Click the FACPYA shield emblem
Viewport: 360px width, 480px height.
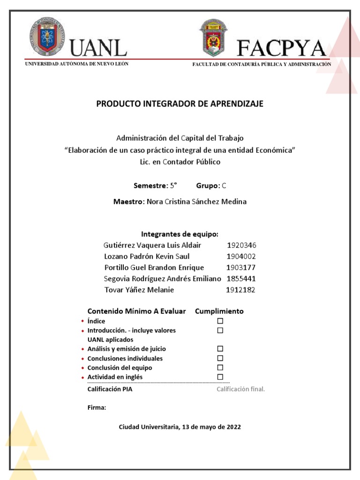[213, 38]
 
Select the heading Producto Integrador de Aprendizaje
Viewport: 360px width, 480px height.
[180, 104]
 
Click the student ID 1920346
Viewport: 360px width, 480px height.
[241, 245]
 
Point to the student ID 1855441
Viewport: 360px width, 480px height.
[241, 278]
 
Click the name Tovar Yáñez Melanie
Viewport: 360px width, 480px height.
[139, 290]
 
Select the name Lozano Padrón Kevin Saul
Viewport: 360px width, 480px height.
[147, 256]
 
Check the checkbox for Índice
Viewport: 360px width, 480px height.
[220, 321]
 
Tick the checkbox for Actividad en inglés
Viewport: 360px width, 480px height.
[220, 377]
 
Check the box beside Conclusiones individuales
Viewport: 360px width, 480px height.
[220, 358]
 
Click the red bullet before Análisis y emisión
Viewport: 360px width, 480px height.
[82, 349]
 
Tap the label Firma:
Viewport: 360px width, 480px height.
[97, 408]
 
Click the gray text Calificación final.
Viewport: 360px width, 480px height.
[240, 389]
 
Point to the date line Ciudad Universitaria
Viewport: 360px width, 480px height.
[180, 427]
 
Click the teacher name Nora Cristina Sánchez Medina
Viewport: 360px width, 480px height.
[196, 202]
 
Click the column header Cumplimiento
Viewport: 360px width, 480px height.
[219, 311]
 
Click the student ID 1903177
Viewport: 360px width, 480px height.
[241, 268]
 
